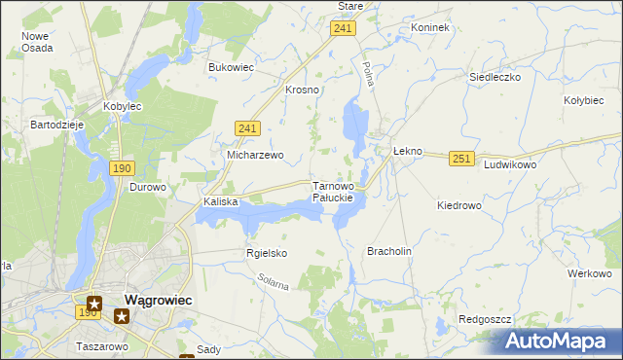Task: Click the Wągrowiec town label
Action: pos(158,301)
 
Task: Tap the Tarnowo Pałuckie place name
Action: pos(339,191)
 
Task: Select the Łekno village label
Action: pos(407,152)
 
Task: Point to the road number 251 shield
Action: pos(461,158)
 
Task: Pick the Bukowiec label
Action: pos(231,67)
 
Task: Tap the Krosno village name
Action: pos(303,90)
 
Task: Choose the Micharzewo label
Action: pos(254,155)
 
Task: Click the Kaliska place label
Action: pos(221,201)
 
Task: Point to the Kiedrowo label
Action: pos(459,205)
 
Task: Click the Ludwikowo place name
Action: pos(510,165)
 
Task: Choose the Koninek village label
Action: pos(429,27)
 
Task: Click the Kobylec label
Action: pos(124,107)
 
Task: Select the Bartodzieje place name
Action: pos(58,126)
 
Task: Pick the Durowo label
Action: pos(149,187)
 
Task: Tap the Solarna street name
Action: pos(275,284)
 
